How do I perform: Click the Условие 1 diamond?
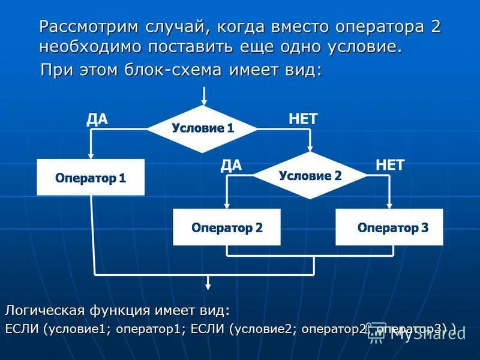pos(203,128)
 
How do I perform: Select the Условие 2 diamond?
pos(310,176)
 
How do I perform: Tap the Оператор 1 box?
pos(91,178)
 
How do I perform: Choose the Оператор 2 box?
pos(227,227)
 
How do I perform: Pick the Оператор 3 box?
pos(392,227)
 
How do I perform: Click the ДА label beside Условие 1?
pos(97,119)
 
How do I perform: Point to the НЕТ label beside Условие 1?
pos(302,119)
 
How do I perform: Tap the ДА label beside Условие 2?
pos(231,166)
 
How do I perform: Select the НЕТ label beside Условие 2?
pos(390,166)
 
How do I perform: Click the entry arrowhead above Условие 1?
pos(205,102)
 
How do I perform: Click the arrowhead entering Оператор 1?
pos(91,155)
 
